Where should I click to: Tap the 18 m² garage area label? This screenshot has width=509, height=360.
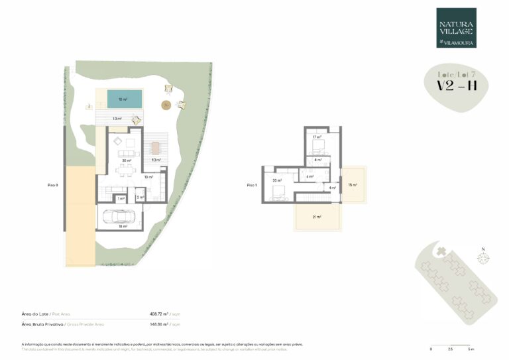click(x=122, y=227)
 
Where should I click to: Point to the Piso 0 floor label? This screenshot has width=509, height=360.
click(x=54, y=185)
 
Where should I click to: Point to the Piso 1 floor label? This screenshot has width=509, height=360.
click(x=251, y=185)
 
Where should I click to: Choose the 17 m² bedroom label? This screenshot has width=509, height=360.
click(x=317, y=137)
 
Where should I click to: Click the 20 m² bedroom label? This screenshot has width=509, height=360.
click(x=276, y=180)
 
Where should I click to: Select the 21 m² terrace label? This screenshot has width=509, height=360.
click(x=317, y=217)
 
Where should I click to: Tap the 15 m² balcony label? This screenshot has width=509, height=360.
click(x=353, y=185)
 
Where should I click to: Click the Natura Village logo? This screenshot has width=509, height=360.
click(x=456, y=28)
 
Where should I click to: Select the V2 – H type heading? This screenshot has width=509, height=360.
click(x=457, y=86)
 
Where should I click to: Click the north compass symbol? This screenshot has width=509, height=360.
click(x=483, y=258)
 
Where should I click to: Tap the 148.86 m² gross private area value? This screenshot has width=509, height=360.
click(x=160, y=324)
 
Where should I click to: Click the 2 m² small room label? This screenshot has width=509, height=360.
click(x=140, y=198)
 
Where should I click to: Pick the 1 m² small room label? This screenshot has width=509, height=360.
click(x=121, y=198)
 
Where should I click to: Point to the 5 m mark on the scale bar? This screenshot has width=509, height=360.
click(x=470, y=348)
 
